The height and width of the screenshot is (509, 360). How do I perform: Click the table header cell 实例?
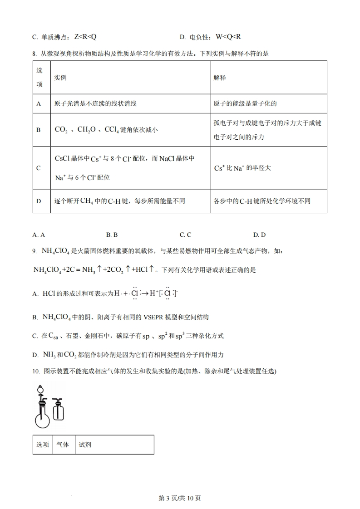60,78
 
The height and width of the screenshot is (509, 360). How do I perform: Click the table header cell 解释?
220,78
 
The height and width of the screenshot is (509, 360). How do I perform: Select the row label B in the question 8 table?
39,130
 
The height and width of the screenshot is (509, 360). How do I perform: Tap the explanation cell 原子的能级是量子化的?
245,103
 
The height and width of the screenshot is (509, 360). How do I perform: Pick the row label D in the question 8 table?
39,201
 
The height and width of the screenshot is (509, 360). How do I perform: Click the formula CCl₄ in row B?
111,130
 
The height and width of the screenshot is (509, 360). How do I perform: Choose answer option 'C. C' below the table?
185,235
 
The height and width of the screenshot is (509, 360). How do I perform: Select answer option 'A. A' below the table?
39,235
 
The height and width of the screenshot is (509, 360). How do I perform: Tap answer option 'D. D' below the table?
259,235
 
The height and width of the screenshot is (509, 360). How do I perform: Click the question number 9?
35,250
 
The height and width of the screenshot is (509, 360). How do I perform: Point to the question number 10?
36,371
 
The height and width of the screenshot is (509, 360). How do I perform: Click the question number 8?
35,54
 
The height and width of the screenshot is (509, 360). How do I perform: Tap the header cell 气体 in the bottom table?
63,445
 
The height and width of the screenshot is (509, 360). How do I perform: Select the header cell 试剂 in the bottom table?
85,445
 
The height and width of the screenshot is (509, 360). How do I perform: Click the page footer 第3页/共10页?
180,498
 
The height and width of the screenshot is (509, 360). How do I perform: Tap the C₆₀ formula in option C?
55,336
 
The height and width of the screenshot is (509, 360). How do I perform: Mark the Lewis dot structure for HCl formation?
145,293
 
